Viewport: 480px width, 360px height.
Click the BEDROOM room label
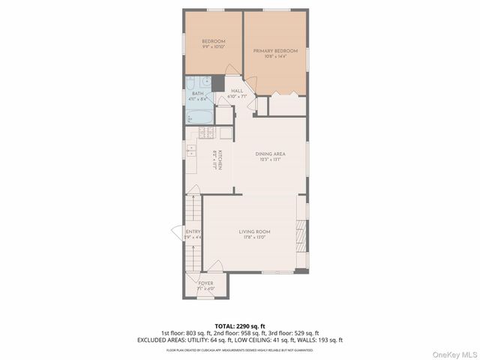click(214, 40)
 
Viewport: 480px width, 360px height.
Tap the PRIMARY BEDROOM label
click(275, 50)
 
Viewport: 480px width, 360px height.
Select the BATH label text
click(197, 94)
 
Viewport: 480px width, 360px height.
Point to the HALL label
click(236, 91)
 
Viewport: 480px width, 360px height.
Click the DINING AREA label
click(268, 153)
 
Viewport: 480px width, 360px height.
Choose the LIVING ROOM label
click(254, 232)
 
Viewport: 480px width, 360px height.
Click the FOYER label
click(205, 283)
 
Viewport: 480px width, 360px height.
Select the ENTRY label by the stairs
click(193, 232)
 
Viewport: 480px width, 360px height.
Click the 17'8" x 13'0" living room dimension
click(254, 238)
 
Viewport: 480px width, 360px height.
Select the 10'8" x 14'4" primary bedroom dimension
click(275, 56)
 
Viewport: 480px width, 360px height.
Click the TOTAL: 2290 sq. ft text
click(239, 326)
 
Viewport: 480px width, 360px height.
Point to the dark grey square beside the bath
click(217, 82)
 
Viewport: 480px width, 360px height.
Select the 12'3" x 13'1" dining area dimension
click(268, 159)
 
